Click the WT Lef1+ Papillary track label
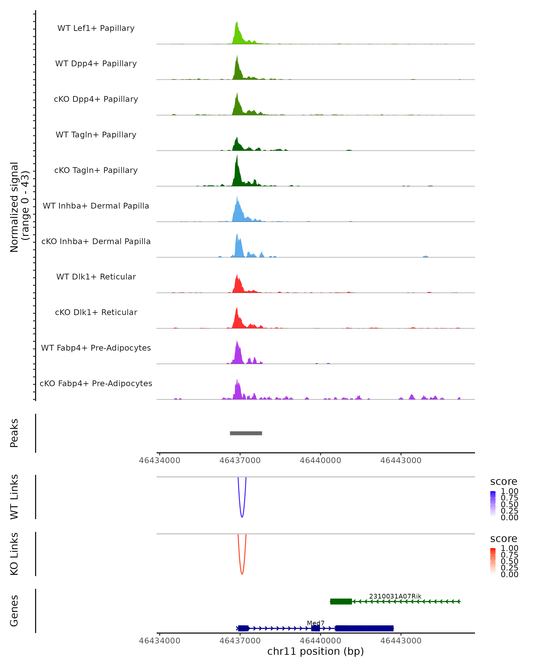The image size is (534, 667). point(96,28)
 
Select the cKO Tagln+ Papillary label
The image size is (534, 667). point(96,170)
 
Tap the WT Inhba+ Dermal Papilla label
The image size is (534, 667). point(96,206)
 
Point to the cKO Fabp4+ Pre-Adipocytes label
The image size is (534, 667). point(96,383)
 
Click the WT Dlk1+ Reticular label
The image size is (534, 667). point(96,277)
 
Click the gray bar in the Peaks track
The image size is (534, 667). point(246,433)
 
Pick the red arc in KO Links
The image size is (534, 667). point(242,573)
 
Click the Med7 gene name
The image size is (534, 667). point(316,623)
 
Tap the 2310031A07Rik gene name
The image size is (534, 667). point(395,596)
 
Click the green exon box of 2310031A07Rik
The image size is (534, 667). point(341,601)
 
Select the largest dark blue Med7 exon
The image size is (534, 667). point(364,628)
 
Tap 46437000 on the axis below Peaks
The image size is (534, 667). point(240,460)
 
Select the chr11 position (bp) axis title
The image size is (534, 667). point(316,651)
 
